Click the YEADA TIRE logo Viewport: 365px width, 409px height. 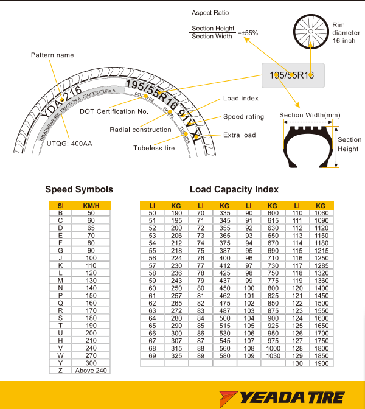pyautogui.click(x=291, y=397)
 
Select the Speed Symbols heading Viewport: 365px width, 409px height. pyautogui.click(x=79, y=189)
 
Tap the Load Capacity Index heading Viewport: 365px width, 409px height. pyautogui.click(x=234, y=189)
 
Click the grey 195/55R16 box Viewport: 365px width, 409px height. pyautogui.click(x=292, y=75)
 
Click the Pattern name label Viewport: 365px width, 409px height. pyautogui.click(x=52, y=55)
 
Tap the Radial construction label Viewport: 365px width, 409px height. pyautogui.click(x=141, y=130)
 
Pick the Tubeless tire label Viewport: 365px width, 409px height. pyautogui.click(x=158, y=147)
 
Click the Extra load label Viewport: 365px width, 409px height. pyautogui.click(x=239, y=135)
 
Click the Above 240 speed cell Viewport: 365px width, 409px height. pyautogui.click(x=91, y=370)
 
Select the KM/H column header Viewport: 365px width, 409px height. pyautogui.click(x=91, y=206)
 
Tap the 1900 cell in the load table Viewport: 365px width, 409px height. pyautogui.click(x=321, y=363)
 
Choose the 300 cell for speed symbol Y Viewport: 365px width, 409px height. pyautogui.click(x=91, y=363)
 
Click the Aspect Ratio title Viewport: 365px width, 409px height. pyautogui.click(x=210, y=12)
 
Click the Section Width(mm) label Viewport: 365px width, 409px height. pyautogui.click(x=310, y=115)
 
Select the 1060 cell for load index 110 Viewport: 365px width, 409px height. pyautogui.click(x=321, y=213)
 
